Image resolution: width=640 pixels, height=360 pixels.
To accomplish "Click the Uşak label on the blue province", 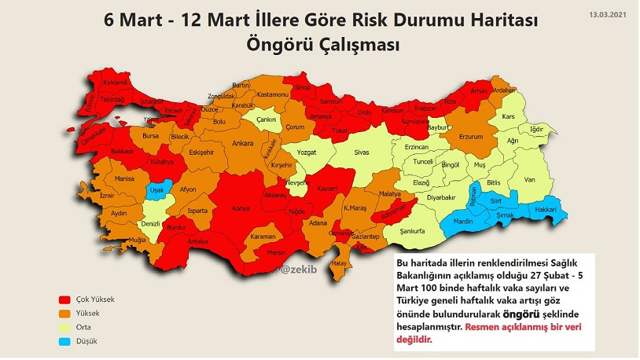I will pyautogui.click(x=157, y=190).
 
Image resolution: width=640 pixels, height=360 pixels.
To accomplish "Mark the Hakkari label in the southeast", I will pyautogui.click(x=546, y=211).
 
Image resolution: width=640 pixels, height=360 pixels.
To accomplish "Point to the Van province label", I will pyautogui.click(x=530, y=180).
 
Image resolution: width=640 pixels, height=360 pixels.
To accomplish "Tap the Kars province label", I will pyautogui.click(x=507, y=116).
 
